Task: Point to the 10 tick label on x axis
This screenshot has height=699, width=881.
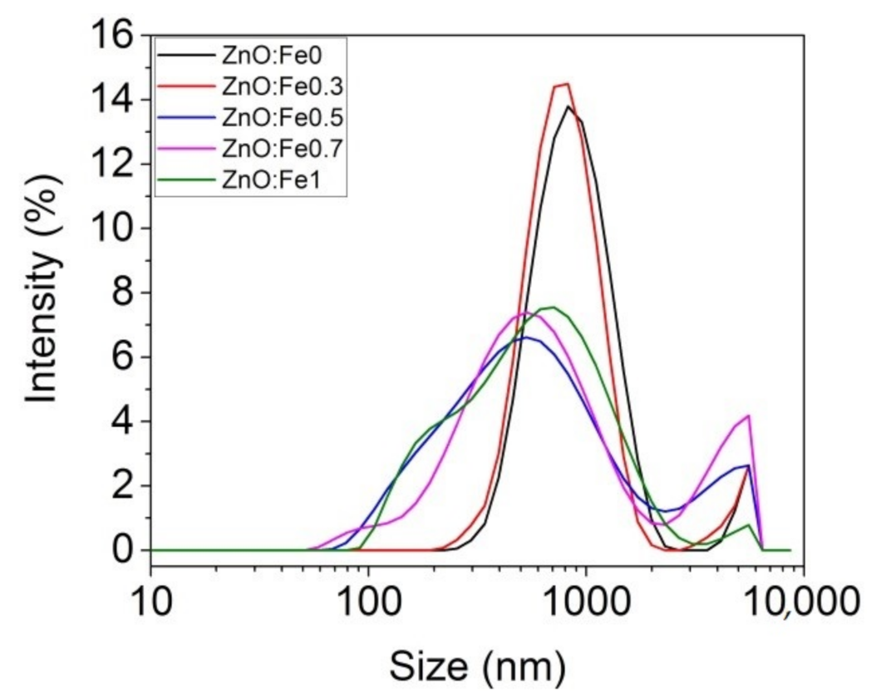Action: click(x=150, y=601)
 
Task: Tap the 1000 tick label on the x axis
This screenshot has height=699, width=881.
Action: click(x=586, y=601)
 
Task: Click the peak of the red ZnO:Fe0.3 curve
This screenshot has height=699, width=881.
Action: click(x=566, y=83)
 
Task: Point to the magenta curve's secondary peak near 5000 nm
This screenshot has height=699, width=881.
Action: click(x=749, y=416)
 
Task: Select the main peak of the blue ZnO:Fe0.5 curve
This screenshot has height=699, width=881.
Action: click(x=524, y=337)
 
